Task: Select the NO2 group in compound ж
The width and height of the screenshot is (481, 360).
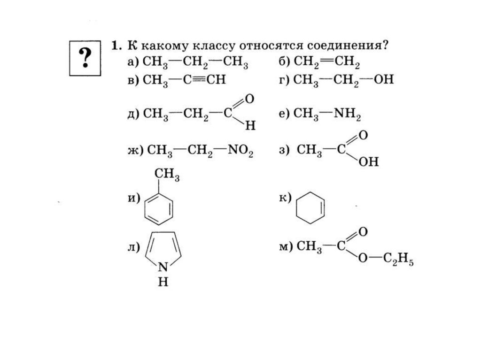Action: coord(240,151)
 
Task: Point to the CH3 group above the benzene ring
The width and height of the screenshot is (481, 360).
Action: coord(168,176)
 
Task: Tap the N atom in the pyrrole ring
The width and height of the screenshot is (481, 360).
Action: coord(163,268)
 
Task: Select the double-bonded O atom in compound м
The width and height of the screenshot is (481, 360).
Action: coord(362,232)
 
